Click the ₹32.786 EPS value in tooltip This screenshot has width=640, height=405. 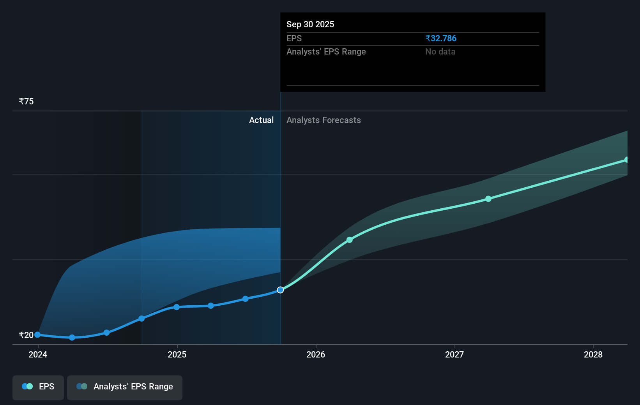point(441,38)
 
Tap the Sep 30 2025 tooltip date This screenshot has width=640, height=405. point(310,24)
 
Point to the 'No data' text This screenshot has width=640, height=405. point(440,51)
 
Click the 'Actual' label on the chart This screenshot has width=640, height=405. point(261,120)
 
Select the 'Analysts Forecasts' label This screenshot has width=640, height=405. point(324,120)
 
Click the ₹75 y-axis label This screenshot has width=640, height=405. point(26,101)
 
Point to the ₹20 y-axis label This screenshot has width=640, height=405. point(26,335)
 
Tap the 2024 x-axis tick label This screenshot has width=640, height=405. point(38,354)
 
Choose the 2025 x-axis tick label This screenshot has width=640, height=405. point(177,354)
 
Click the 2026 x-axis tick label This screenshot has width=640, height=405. point(316,354)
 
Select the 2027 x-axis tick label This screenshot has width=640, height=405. point(454,354)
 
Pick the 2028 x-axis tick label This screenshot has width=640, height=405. point(593,354)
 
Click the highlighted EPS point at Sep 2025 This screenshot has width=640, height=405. point(280,290)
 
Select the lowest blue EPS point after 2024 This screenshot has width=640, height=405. point(72,337)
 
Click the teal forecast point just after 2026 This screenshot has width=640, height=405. point(350,240)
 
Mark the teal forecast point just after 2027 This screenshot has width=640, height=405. point(488,199)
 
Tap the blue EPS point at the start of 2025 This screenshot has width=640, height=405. point(177,307)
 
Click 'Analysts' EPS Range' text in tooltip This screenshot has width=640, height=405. point(326,51)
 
